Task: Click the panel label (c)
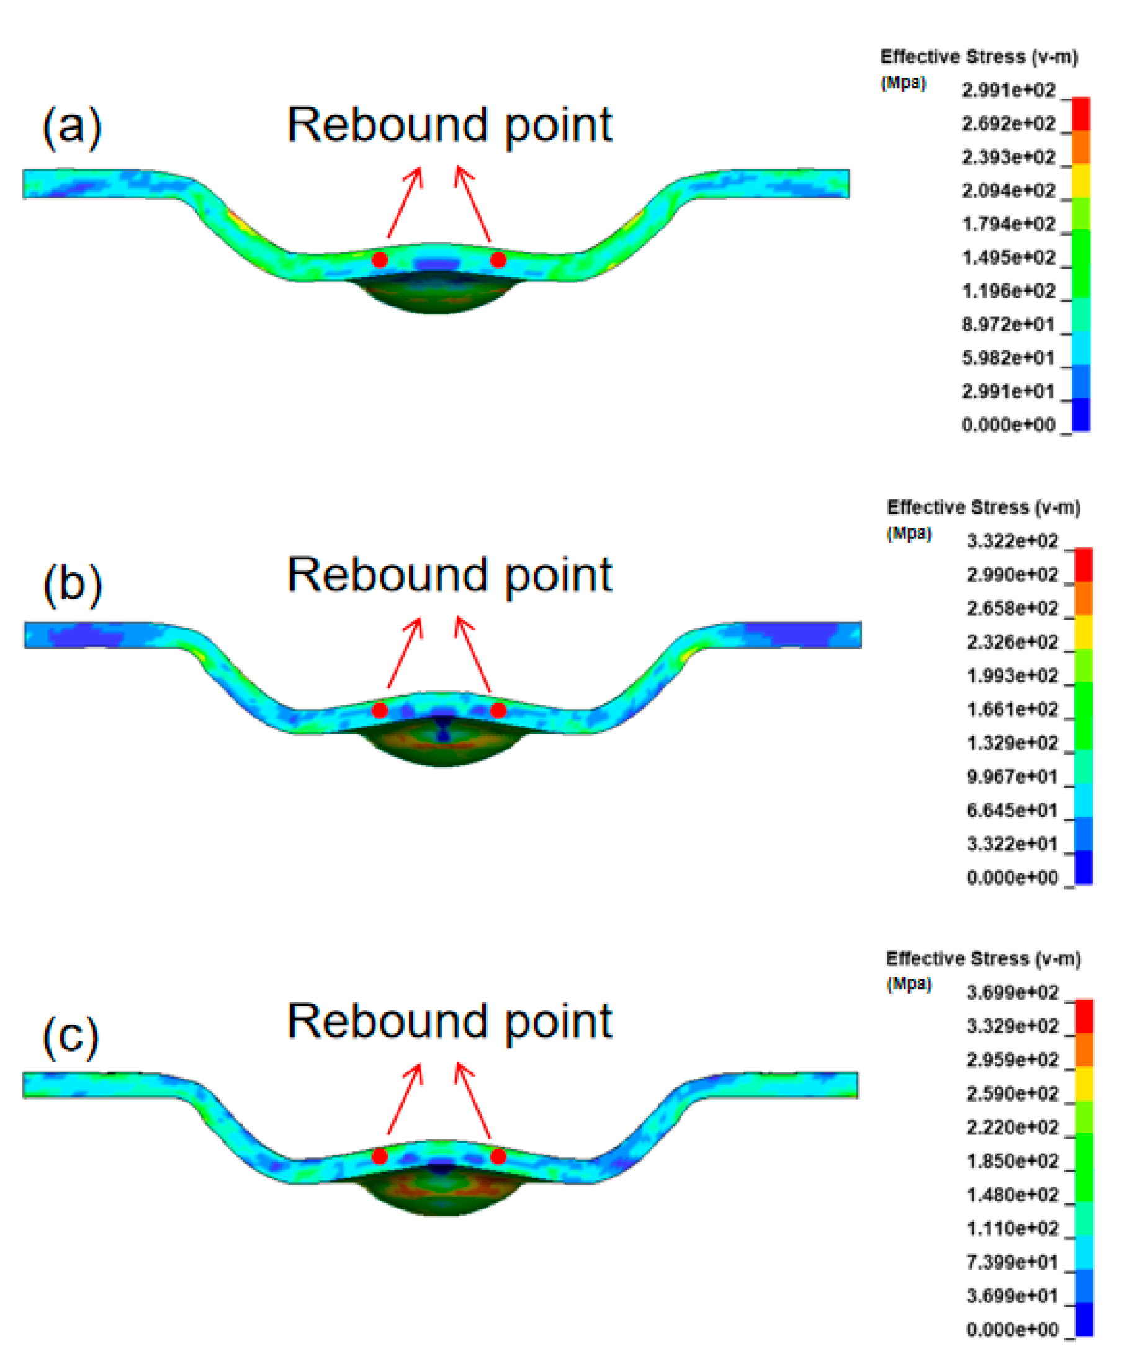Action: coord(71,1035)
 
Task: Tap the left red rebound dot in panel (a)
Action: coord(379,260)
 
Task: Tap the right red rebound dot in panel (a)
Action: coord(498,260)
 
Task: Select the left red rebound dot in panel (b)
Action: coord(379,710)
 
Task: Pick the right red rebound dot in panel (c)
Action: coord(498,1155)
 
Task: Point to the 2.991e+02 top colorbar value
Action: coord(1008,90)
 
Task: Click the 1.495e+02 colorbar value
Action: coord(1008,258)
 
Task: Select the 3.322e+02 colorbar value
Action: coord(1012,541)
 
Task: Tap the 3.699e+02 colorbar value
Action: coord(1012,992)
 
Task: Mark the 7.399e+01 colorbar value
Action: coord(1012,1262)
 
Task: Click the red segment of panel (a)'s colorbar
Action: coord(1080,114)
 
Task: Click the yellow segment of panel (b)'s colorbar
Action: coord(1084,632)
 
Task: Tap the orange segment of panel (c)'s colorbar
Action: coord(1084,1050)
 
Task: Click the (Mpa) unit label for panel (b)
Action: coord(909,533)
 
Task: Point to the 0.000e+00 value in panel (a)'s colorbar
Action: coord(1008,424)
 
